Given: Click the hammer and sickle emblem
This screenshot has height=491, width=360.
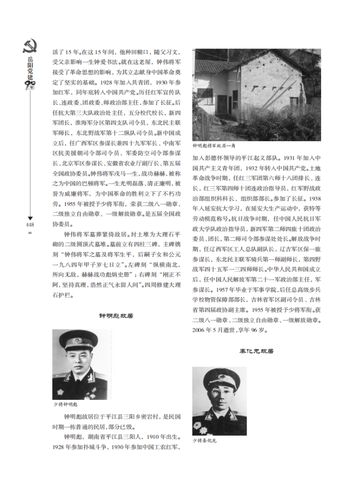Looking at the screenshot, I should tap(29, 46).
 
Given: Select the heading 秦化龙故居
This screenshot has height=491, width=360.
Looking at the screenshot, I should tap(256, 351).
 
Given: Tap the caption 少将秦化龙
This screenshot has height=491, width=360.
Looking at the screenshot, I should tap(204, 440).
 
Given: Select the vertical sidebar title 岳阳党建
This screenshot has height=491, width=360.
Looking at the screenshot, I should tap(30, 67).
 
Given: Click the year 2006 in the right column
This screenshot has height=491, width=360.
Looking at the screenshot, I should tap(200, 330).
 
